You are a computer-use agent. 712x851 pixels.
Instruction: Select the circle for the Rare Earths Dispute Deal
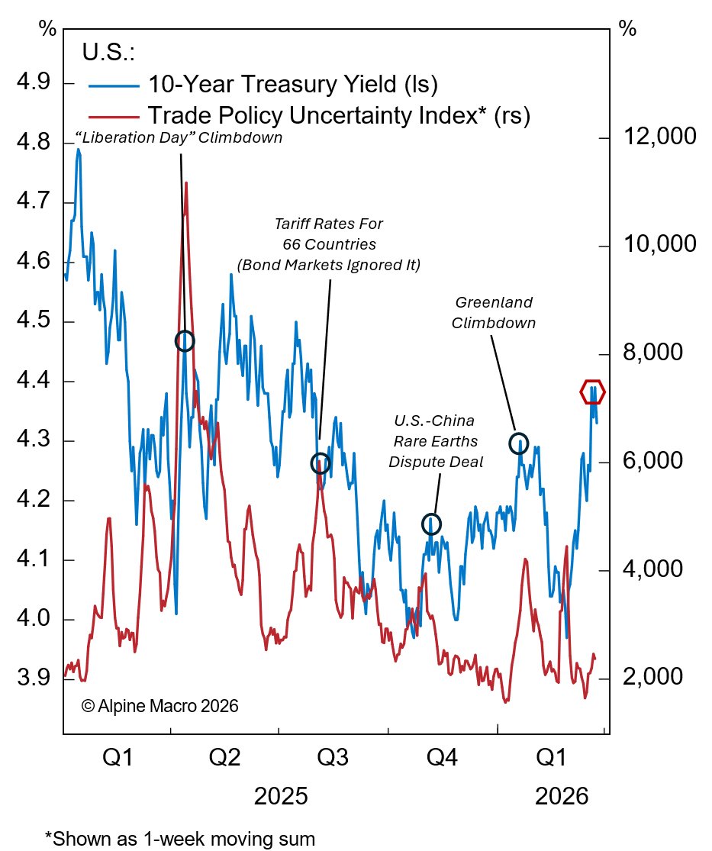pyautogui.click(x=431, y=524)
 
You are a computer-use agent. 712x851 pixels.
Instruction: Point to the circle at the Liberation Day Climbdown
pyautogui.click(x=184, y=341)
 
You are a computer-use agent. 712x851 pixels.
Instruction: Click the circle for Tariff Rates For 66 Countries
pyautogui.click(x=321, y=463)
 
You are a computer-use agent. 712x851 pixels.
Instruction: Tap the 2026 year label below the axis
pyautogui.click(x=562, y=798)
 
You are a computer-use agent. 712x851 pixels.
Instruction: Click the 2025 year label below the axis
pyautogui.click(x=281, y=798)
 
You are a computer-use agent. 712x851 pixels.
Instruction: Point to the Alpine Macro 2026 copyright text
pyautogui.click(x=159, y=706)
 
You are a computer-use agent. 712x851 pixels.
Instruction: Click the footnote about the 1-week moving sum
pyautogui.click(x=180, y=838)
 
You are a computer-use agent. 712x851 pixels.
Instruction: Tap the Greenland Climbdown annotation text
pyautogui.click(x=493, y=312)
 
